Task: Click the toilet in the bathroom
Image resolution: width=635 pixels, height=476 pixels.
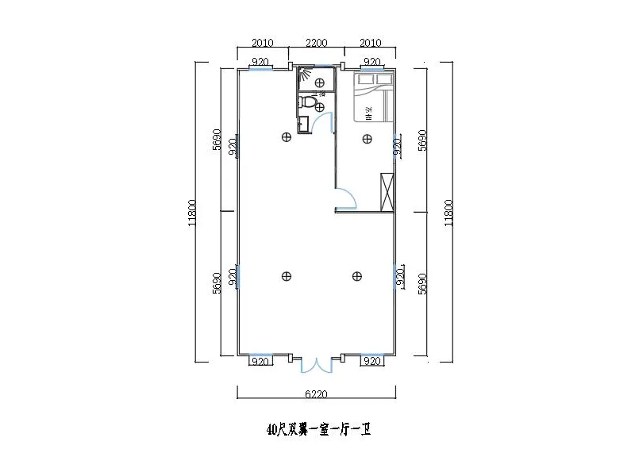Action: point(309,103)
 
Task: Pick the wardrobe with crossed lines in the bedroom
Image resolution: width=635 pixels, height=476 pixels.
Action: point(387,191)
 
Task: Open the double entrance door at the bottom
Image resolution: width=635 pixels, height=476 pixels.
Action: point(316,364)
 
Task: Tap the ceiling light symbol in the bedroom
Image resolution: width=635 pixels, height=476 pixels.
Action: point(367,140)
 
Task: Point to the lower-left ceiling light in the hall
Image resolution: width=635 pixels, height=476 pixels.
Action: point(286,276)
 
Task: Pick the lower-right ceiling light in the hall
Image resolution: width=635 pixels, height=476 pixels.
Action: point(357,276)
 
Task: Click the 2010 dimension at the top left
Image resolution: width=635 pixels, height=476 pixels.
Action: point(262,43)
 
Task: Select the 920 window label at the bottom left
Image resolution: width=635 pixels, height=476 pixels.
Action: point(260,362)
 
